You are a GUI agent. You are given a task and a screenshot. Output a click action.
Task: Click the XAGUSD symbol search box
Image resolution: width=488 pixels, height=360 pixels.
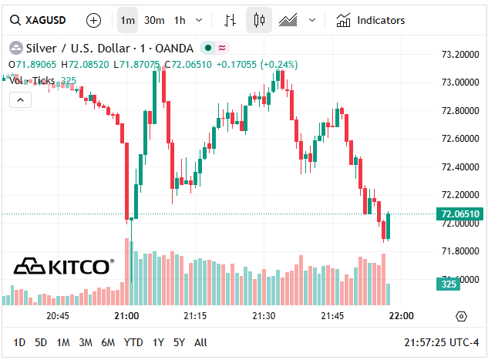click(39, 20)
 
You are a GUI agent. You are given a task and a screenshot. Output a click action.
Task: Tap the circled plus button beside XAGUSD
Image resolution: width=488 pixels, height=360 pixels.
click(93, 20)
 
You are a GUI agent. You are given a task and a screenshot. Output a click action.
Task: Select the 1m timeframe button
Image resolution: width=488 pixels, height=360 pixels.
click(127, 20)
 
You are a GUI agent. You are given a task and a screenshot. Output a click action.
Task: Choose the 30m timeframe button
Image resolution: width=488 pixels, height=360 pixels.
click(153, 20)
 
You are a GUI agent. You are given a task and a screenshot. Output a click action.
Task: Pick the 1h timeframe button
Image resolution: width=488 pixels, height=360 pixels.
click(180, 20)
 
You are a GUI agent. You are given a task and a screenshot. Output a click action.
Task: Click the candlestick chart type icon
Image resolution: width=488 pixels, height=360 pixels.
click(259, 20)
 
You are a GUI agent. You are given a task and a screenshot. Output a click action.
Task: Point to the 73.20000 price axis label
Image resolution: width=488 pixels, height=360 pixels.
click(456, 55)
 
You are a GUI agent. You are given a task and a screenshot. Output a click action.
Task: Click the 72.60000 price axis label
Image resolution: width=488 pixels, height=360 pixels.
click(456, 139)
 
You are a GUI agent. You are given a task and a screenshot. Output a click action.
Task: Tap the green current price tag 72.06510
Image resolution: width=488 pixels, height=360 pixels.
click(459, 214)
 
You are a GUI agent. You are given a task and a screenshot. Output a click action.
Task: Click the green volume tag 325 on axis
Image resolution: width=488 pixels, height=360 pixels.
click(448, 284)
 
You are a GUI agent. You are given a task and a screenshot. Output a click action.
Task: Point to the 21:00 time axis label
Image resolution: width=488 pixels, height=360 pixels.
click(126, 316)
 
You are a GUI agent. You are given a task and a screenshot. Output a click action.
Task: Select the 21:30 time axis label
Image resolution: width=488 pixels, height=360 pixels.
click(264, 316)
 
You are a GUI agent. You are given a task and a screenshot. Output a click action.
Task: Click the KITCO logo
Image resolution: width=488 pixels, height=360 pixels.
click(64, 267)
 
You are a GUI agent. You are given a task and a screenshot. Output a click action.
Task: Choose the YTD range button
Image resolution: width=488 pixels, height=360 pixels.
click(133, 342)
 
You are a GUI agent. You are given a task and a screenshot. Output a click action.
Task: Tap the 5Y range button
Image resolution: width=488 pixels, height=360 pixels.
click(179, 342)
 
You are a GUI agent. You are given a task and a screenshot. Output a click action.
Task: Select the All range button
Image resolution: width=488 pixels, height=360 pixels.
click(200, 342)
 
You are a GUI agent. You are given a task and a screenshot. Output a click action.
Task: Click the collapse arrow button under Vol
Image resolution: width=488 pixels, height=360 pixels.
click(20, 99)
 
